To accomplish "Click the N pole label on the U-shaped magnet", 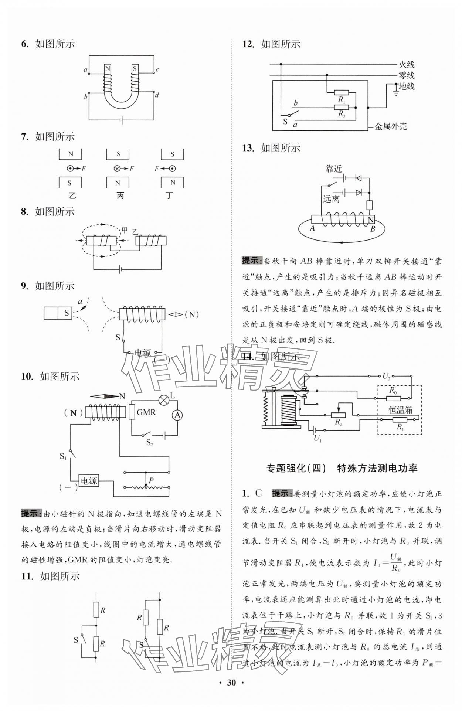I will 108,69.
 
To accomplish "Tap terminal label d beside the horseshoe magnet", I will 157,95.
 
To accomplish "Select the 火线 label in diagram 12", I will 406,64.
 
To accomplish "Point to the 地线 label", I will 406,86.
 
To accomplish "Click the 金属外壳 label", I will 391,127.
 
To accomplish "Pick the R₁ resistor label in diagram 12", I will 342,99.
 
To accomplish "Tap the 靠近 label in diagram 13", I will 333,169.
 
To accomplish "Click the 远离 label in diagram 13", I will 331,199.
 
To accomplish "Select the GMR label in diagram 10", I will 146,412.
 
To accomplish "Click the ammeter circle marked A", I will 177,415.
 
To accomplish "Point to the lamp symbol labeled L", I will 164,399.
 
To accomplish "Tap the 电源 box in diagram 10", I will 89,481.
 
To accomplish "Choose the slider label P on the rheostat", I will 151,480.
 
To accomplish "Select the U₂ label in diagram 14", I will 386,377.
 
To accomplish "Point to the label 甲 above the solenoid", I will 125,230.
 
